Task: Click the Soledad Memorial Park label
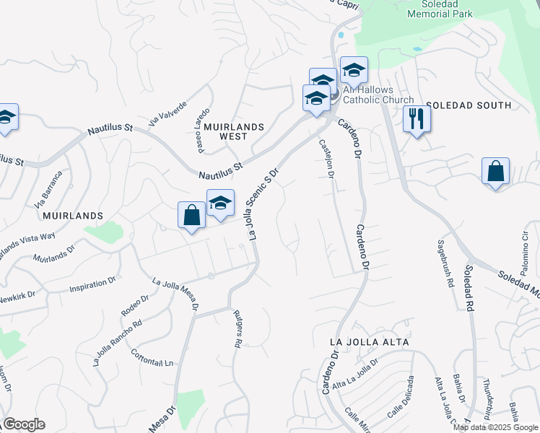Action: (x=439, y=9)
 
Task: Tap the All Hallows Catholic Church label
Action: (x=378, y=95)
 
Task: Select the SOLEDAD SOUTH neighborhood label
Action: (x=469, y=105)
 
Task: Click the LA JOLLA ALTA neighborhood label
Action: (x=369, y=341)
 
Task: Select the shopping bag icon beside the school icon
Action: (x=191, y=216)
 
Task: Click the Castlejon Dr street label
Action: (x=326, y=159)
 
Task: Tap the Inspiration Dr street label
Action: (x=92, y=284)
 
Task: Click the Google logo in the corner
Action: (x=24, y=424)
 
